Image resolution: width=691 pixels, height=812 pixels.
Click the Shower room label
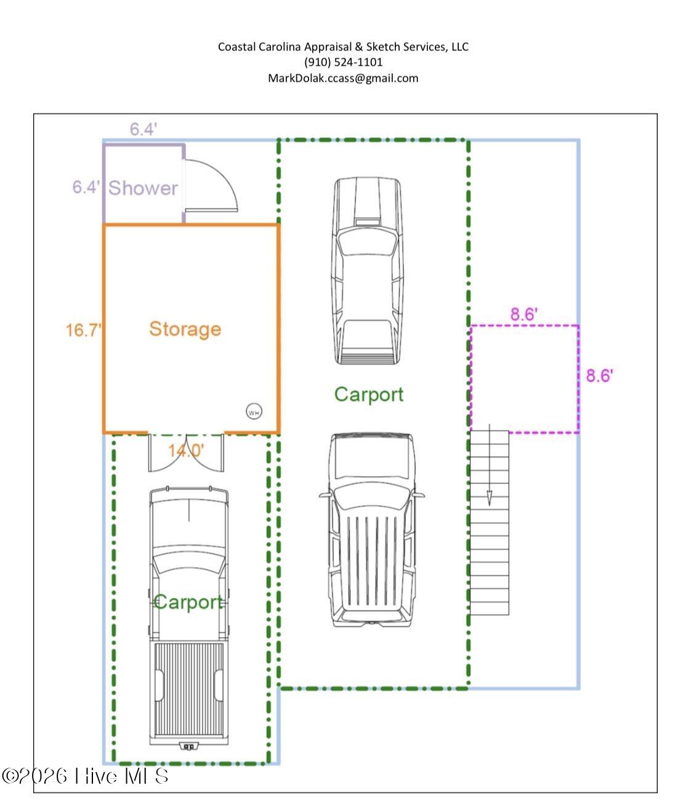click(143, 188)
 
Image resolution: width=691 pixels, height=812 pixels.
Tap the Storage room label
click(185, 329)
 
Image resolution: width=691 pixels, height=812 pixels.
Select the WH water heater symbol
click(254, 412)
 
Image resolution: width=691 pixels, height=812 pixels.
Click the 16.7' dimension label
click(83, 330)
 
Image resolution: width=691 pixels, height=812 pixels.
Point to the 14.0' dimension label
click(186, 450)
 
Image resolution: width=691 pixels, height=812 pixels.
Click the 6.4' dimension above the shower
click(143, 129)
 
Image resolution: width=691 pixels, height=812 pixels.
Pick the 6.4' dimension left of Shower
click(86, 187)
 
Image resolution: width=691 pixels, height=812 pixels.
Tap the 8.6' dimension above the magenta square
click(524, 314)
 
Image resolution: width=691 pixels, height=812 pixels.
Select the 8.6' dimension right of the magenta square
click(599, 375)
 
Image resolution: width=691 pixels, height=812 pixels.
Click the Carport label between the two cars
click(369, 394)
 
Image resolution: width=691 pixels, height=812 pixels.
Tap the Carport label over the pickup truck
click(188, 602)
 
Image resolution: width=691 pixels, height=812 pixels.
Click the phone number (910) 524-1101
click(343, 62)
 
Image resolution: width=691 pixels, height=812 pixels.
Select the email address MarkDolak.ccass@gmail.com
click(343, 78)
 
